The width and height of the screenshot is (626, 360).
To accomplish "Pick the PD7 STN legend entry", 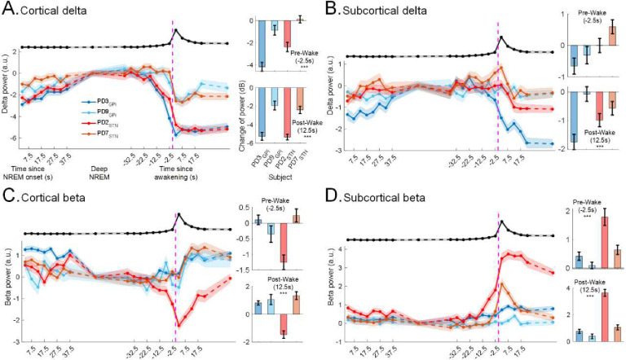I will pos(97,131).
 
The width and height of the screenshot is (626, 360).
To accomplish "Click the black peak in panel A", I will pos(175,30).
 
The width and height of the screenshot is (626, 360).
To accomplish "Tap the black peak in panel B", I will pos(501,37).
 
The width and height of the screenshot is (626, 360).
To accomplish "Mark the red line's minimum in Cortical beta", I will pos(179,325).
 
